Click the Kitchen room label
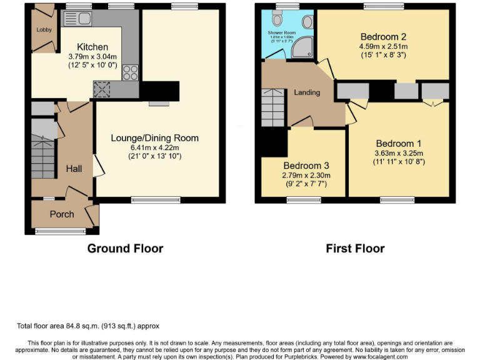92,47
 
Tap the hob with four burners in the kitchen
131,72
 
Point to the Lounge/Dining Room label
154,138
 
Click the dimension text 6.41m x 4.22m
154,147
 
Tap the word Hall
74,169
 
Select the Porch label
62,214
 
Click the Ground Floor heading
125,248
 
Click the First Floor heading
355,248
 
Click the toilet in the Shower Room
278,20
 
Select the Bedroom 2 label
382,36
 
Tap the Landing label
307,92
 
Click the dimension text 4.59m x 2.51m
382,46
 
